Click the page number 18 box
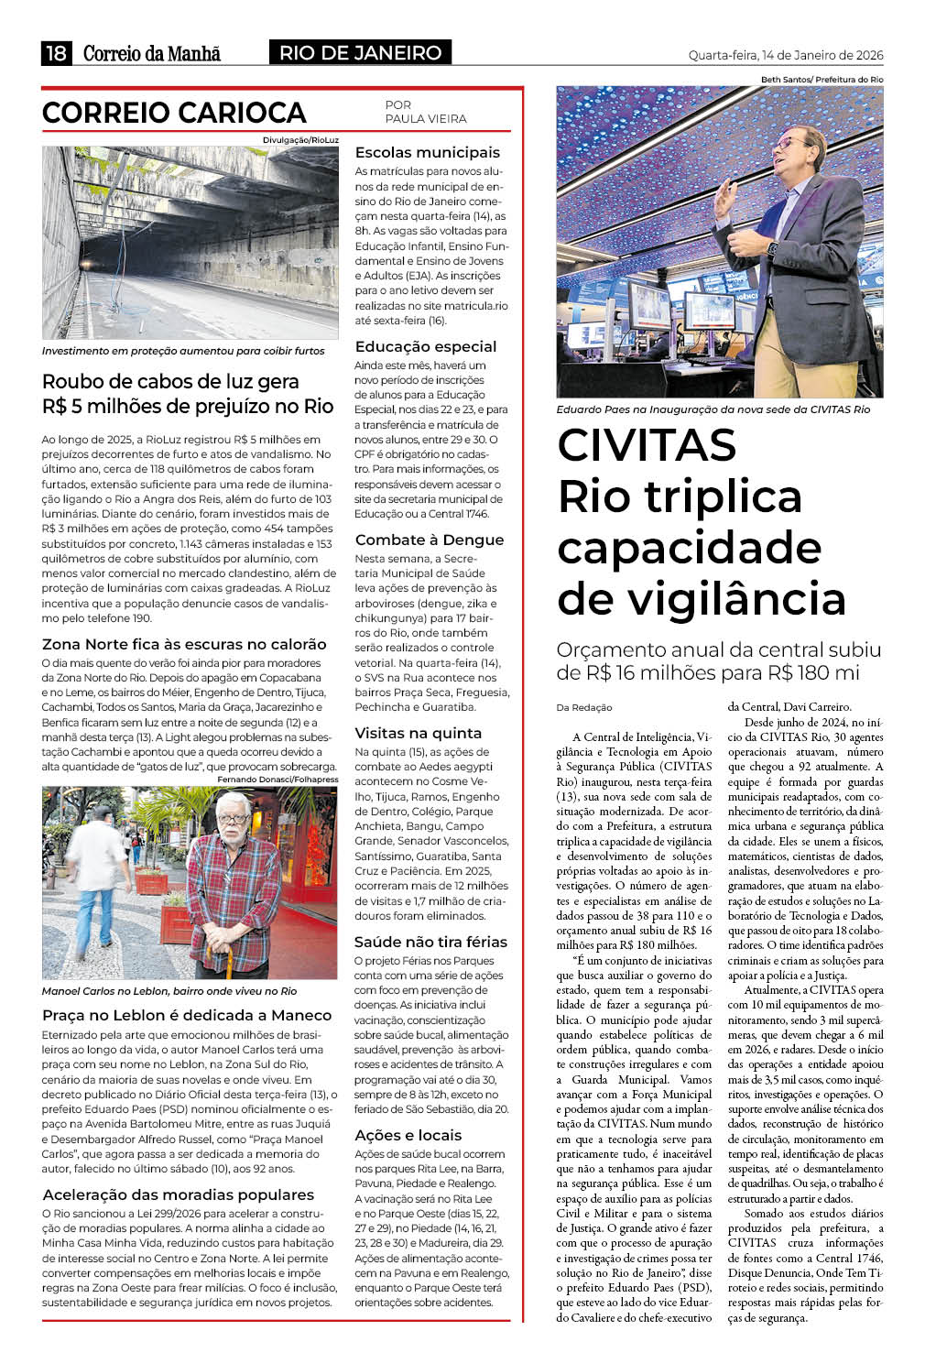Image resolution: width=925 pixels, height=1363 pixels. (x=56, y=53)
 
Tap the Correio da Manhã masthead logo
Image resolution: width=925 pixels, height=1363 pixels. (x=152, y=53)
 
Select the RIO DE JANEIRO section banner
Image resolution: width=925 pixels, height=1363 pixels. (x=360, y=53)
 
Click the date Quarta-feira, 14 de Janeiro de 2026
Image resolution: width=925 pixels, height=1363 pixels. (x=786, y=55)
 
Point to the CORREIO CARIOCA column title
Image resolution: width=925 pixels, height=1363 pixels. (x=174, y=113)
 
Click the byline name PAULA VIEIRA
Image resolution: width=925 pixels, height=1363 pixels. (x=426, y=119)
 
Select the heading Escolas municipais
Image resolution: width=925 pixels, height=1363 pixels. (x=428, y=152)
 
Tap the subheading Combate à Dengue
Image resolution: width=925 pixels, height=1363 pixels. (x=430, y=540)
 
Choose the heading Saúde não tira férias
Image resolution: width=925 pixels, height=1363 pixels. (x=430, y=942)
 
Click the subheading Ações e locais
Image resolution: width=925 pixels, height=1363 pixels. (x=408, y=1135)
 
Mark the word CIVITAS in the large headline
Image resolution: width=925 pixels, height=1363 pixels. (x=647, y=445)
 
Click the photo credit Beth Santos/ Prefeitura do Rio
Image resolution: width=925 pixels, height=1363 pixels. (x=822, y=80)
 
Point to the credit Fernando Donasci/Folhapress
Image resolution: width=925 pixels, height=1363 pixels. (x=277, y=780)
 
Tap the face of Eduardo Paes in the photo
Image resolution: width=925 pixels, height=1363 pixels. (x=798, y=147)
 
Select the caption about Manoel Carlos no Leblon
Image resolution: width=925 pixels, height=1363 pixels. (x=169, y=991)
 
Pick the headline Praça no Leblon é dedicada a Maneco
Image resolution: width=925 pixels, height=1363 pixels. (x=187, y=1015)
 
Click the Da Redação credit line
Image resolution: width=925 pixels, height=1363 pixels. (x=584, y=707)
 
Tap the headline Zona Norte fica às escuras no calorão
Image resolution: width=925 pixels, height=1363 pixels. (x=184, y=644)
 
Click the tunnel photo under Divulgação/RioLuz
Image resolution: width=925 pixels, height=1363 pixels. (x=190, y=243)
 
